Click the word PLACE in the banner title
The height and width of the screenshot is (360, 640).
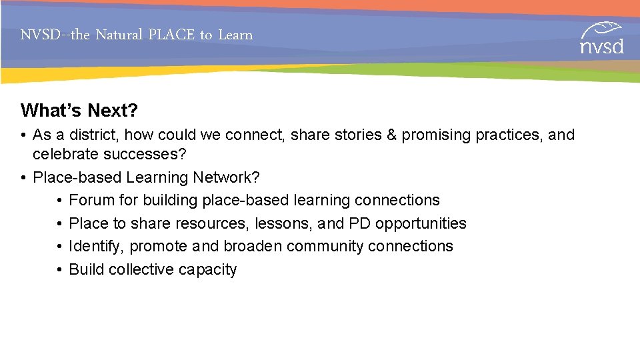click(x=171, y=35)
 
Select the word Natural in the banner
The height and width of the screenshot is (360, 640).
click(x=120, y=35)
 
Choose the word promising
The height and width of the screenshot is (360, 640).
click(x=436, y=135)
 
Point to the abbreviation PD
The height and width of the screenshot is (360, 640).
click(x=360, y=223)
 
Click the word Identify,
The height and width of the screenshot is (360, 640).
click(x=97, y=246)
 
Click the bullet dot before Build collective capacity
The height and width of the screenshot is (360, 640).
click(x=59, y=269)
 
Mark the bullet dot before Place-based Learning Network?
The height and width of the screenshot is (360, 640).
click(x=23, y=177)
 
